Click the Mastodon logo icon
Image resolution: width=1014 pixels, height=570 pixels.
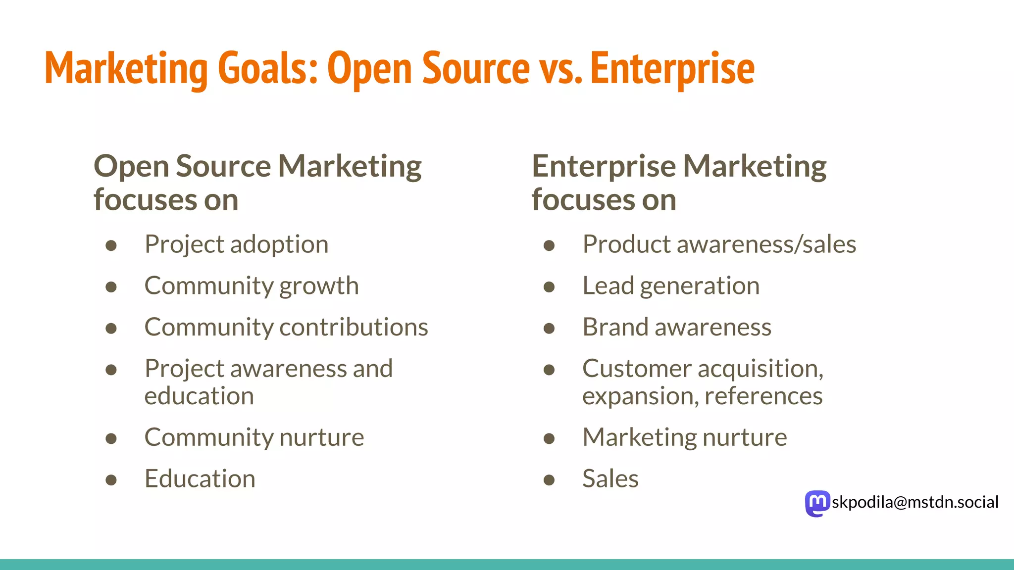817,503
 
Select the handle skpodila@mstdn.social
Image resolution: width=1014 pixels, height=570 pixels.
915,502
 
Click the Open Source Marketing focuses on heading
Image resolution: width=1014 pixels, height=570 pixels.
257,182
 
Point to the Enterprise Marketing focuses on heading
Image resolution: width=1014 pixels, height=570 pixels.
679,182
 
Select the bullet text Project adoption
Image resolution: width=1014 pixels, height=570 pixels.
236,244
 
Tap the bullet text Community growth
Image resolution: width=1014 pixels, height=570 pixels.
252,286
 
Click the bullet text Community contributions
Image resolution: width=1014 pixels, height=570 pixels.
286,327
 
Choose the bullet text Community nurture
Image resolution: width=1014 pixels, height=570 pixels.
254,437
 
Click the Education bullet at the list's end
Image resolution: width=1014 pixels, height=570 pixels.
200,479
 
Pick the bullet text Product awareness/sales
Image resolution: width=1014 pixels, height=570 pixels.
719,244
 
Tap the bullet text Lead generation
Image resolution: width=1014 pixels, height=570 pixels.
671,286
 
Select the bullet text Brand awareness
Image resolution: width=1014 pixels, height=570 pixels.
677,327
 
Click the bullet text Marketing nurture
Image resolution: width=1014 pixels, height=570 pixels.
685,437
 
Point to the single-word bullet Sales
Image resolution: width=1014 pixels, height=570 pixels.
610,479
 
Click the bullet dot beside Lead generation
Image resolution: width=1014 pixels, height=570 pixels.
549,287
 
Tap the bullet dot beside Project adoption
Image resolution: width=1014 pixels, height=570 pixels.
111,245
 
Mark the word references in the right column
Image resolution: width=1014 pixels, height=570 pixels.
763,396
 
